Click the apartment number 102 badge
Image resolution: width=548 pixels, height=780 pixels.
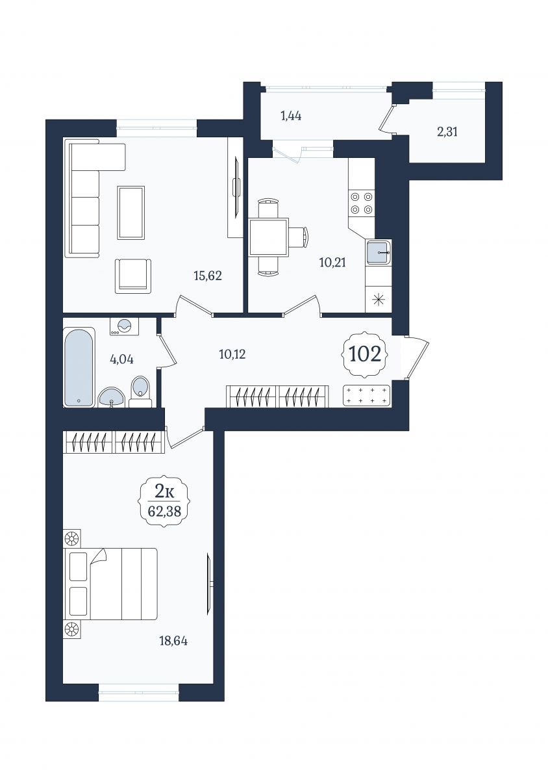pos(365,354)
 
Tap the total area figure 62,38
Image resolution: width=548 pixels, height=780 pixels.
pos(164,511)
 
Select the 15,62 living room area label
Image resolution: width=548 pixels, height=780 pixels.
pos(208,276)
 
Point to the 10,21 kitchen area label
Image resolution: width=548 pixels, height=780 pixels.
pos(332,262)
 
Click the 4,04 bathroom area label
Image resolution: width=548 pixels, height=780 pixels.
pos(122,359)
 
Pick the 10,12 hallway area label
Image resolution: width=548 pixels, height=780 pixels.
pos(232,354)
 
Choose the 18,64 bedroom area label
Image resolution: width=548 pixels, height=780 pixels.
pos(173,641)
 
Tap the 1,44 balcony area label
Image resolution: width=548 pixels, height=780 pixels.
pos(291,115)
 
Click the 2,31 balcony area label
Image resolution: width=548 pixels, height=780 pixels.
pos(447,132)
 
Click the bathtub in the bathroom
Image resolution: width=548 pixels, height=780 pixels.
pos(79,368)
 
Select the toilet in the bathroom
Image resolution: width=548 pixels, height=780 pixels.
pos(140,392)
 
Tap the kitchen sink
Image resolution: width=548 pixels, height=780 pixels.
pos(379,252)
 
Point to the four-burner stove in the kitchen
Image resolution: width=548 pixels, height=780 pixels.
pos(361,203)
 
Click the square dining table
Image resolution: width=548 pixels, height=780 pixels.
pos(269,237)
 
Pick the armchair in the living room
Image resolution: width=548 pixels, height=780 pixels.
pos(133,276)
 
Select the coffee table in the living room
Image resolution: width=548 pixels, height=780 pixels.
pos(131,213)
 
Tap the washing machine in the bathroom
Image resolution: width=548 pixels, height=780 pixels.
pos(125,326)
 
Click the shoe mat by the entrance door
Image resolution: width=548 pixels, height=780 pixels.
pos(366,396)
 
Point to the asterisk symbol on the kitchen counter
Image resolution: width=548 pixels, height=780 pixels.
pos(379,300)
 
